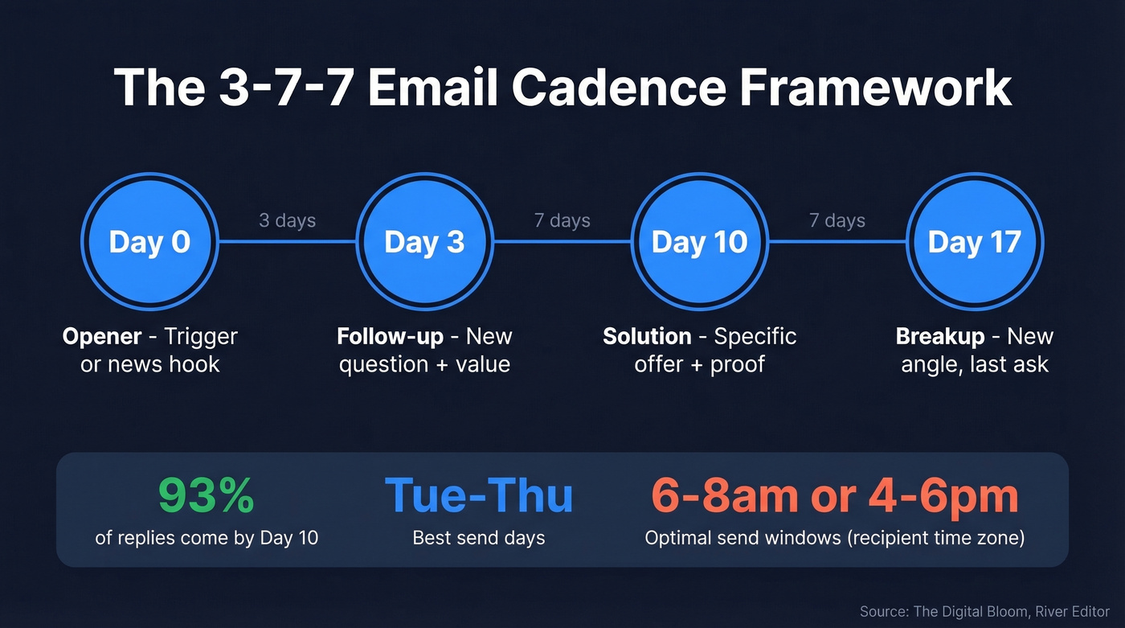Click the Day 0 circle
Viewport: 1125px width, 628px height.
pyautogui.click(x=149, y=241)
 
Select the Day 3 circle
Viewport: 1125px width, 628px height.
pyautogui.click(x=424, y=241)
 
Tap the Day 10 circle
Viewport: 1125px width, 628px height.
pyautogui.click(x=699, y=241)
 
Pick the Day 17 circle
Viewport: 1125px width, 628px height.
pyautogui.click(x=974, y=241)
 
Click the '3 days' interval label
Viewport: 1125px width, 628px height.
pyautogui.click(x=287, y=220)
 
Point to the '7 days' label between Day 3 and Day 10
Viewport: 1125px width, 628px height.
pyautogui.click(x=562, y=220)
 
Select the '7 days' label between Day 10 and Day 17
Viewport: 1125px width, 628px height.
pyautogui.click(x=837, y=220)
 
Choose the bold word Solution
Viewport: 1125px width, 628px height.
pyautogui.click(x=647, y=336)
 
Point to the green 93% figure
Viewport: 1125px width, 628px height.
pyautogui.click(x=207, y=496)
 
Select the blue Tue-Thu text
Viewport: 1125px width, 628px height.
pyautogui.click(x=479, y=496)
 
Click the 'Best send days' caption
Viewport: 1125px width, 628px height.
pyautogui.click(x=479, y=538)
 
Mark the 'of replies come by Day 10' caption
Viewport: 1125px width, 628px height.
pyautogui.click(x=207, y=538)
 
